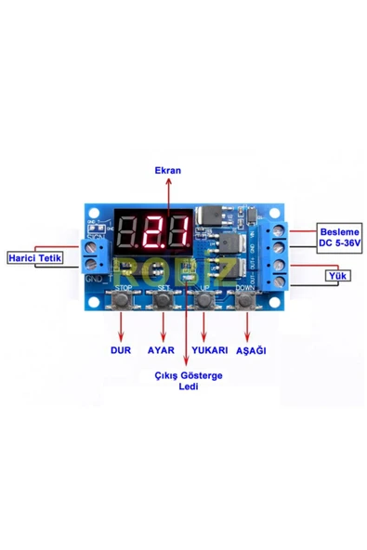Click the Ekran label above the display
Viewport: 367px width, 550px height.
168,171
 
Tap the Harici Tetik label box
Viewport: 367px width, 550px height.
36,257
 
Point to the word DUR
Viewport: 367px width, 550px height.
121,351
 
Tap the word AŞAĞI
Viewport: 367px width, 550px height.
252,351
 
